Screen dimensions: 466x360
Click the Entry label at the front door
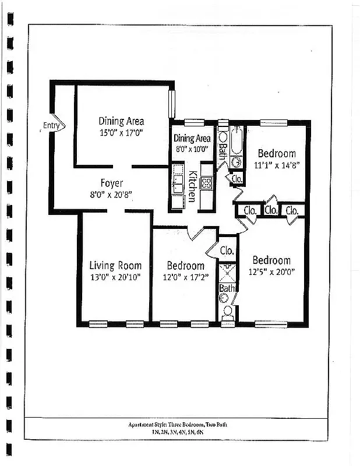pos(51,125)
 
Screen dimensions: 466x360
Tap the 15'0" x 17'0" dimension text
pos(121,133)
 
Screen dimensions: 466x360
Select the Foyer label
pos(111,183)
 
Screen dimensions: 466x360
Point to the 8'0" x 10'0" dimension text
pos(192,149)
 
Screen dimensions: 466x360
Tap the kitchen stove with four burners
pos(206,183)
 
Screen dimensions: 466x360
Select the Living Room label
pos(115,266)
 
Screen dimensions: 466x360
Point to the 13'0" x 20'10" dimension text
pos(115,277)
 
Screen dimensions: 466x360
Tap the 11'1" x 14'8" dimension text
pos(277,165)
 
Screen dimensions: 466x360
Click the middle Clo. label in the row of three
pos(270,210)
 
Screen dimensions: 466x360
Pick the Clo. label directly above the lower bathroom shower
pos(227,251)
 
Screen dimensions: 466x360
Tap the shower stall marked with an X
pos(227,272)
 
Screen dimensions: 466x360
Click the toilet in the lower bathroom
pos(227,310)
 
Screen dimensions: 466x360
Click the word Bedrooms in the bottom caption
pos(199,425)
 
